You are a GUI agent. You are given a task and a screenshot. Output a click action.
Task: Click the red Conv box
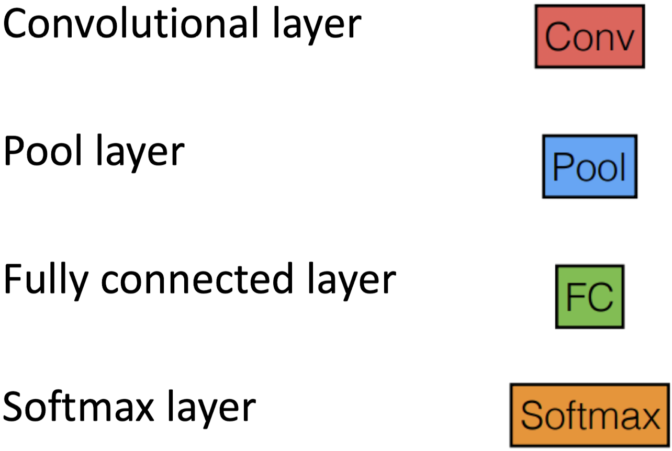589,36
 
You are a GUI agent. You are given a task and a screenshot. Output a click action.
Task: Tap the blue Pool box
589,166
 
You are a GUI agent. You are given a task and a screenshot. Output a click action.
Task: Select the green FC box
589,297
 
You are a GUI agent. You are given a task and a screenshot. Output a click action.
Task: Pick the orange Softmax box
589,416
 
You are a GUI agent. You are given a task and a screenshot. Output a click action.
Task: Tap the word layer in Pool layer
140,153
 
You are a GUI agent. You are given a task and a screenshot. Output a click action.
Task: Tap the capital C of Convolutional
16,24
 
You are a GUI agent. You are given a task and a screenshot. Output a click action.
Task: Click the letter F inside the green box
576,297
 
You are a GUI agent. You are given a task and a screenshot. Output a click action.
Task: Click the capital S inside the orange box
532,416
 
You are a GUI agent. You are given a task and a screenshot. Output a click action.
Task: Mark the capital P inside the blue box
561,167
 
